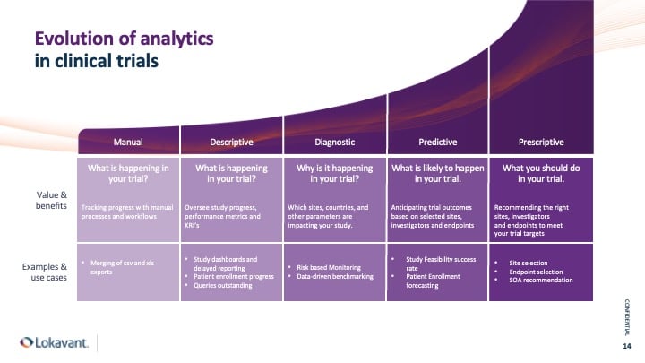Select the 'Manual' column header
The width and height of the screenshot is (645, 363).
[128, 142]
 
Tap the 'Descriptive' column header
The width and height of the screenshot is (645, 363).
[231, 142]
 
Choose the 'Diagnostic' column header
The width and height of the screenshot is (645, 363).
[334, 142]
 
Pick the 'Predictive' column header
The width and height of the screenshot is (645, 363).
[437, 142]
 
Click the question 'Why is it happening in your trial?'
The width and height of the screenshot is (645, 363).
[334, 173]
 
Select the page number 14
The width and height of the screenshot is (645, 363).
[626, 345]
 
